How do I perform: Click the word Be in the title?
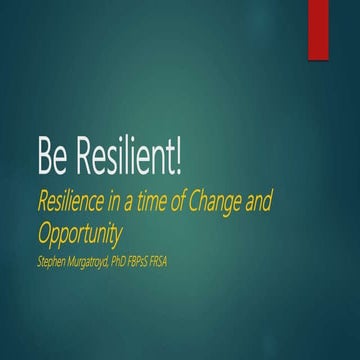(51, 156)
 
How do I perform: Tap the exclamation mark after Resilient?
(179, 156)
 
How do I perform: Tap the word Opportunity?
(79, 235)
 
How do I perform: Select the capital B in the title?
(44, 156)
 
